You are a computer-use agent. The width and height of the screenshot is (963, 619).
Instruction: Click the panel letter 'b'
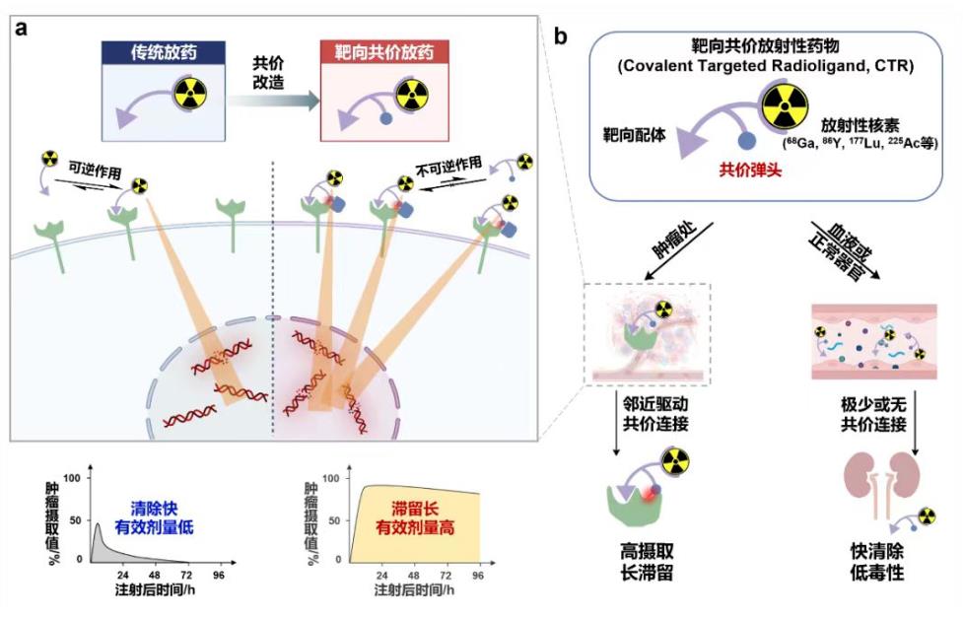click(561, 37)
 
